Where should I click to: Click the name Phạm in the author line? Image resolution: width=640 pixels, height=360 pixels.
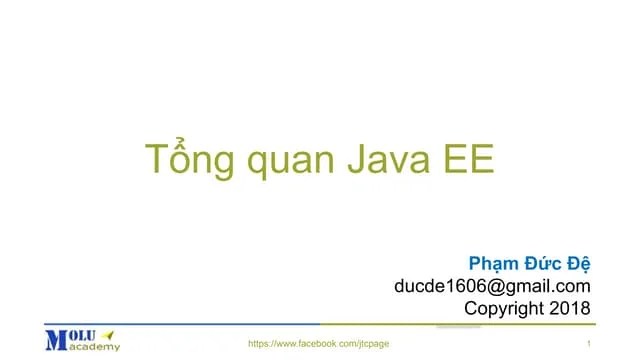(493, 264)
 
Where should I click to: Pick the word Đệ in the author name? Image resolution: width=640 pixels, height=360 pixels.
(578, 264)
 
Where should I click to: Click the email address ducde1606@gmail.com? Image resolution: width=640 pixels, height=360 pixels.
(492, 287)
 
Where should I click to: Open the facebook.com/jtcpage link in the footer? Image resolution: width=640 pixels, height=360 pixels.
(318, 343)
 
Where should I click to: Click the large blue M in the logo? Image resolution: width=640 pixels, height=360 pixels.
(56, 339)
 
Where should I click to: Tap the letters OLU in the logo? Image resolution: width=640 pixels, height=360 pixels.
(82, 334)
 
